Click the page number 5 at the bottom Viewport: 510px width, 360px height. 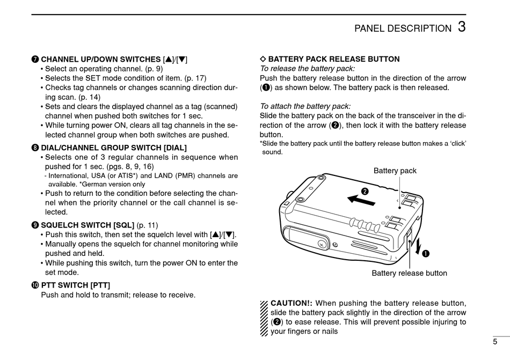pyautogui.click(x=495, y=341)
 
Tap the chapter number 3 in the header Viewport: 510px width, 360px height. pyautogui.click(x=462, y=27)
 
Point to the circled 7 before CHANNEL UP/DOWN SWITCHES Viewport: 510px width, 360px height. pyautogui.click(x=35, y=60)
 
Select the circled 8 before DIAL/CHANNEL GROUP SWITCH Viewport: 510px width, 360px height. pyautogui.click(x=35, y=148)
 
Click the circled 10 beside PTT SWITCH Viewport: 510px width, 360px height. pyautogui.click(x=35, y=285)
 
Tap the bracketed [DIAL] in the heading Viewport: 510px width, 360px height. pyautogui.click(x=175, y=148)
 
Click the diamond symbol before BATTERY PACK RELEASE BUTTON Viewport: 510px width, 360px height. pyautogui.click(x=263, y=60)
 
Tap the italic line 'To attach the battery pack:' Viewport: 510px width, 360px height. pyautogui.click(x=305, y=106)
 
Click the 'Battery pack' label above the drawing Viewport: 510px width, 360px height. pyautogui.click(x=395, y=171)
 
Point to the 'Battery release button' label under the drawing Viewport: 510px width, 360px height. pyautogui.click(x=409, y=273)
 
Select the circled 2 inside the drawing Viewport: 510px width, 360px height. pyautogui.click(x=365, y=190)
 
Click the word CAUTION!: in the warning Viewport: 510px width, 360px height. pyautogui.click(x=292, y=303)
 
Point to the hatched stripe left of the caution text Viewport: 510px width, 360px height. pyautogui.click(x=264, y=317)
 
